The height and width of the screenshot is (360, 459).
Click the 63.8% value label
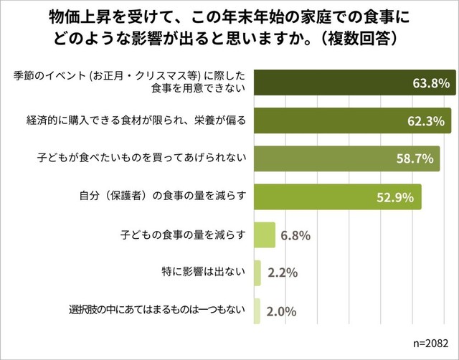point(432,83)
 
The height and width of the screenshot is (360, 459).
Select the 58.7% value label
point(413,158)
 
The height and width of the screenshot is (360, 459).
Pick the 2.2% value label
point(283,273)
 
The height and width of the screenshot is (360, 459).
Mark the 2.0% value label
point(280,312)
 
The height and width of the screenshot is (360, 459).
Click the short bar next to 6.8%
point(265,235)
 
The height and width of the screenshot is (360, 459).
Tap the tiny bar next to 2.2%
point(258,273)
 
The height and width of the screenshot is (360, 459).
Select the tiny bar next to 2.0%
point(257,312)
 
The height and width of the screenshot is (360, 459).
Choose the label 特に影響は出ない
point(204,271)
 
